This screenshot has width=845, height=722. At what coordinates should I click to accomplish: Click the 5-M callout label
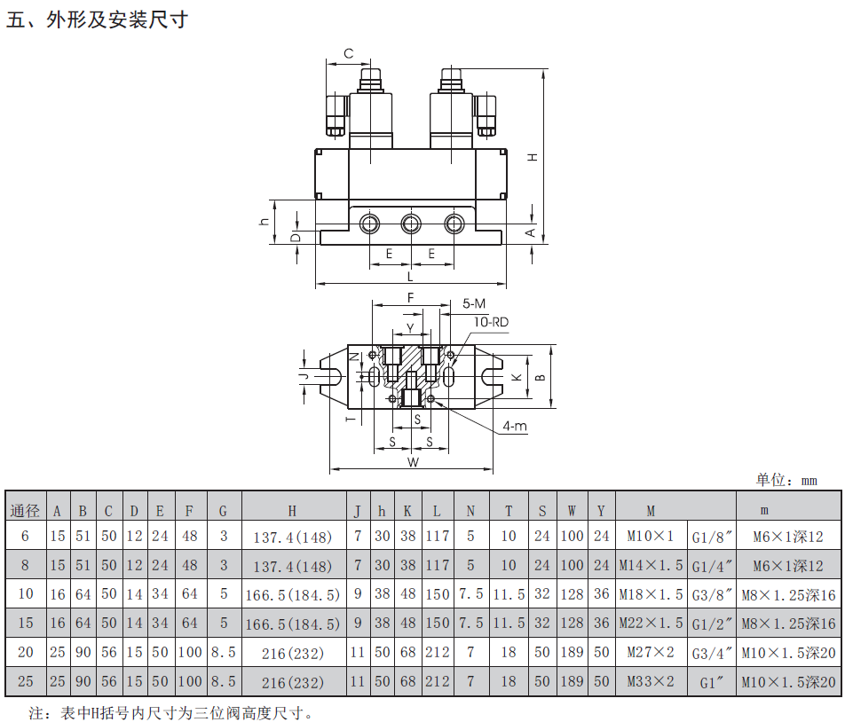[x=474, y=303]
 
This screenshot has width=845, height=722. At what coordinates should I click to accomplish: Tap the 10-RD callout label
[x=491, y=322]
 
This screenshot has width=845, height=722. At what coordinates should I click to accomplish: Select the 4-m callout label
[x=515, y=426]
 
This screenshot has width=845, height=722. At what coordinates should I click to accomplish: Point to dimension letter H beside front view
[x=533, y=157]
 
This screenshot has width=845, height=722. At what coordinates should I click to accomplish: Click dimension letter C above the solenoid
[x=349, y=53]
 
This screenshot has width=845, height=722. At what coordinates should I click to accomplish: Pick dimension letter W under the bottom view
[x=413, y=462]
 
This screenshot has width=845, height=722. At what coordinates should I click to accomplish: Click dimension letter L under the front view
[x=410, y=277]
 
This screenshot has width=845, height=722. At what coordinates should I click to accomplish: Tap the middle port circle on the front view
[x=411, y=224]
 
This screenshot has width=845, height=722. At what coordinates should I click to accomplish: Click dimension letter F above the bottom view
[x=411, y=298]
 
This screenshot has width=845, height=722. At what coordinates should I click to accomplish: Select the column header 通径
[x=26, y=510]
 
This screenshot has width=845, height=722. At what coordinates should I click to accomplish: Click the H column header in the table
[x=292, y=511]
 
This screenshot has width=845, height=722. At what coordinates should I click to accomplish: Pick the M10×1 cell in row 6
[x=651, y=537]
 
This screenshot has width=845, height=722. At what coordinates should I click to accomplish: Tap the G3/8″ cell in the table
[x=712, y=595]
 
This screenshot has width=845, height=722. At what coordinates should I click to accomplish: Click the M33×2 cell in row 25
[x=651, y=681]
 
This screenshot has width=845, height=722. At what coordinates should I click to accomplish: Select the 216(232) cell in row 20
[x=293, y=653]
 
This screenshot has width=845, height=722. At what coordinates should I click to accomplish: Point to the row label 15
[x=26, y=623]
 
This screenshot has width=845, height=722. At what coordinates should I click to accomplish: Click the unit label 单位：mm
[x=786, y=480]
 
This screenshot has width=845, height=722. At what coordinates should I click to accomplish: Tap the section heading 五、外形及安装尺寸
[x=97, y=20]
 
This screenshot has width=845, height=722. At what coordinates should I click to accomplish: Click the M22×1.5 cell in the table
[x=651, y=624]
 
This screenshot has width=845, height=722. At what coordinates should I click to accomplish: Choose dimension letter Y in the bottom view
[x=410, y=328]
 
